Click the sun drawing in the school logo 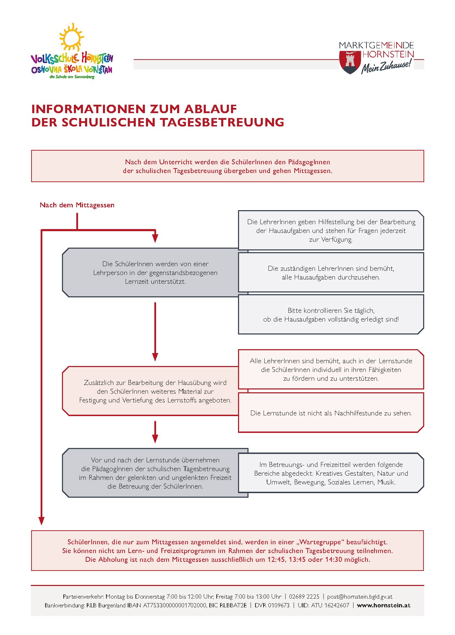71,37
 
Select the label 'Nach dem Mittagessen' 77,205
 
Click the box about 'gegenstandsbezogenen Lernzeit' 155,272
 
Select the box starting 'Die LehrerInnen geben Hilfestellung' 331,230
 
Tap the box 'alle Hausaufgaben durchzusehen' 331,273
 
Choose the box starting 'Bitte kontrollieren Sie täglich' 331,315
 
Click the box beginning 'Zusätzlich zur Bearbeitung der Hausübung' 155,391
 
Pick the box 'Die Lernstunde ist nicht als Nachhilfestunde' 331,413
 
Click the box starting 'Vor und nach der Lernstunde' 155,473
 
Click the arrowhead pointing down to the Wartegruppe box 42,520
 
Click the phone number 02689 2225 304,596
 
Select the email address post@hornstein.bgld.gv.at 359,596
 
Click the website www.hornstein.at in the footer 384,605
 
